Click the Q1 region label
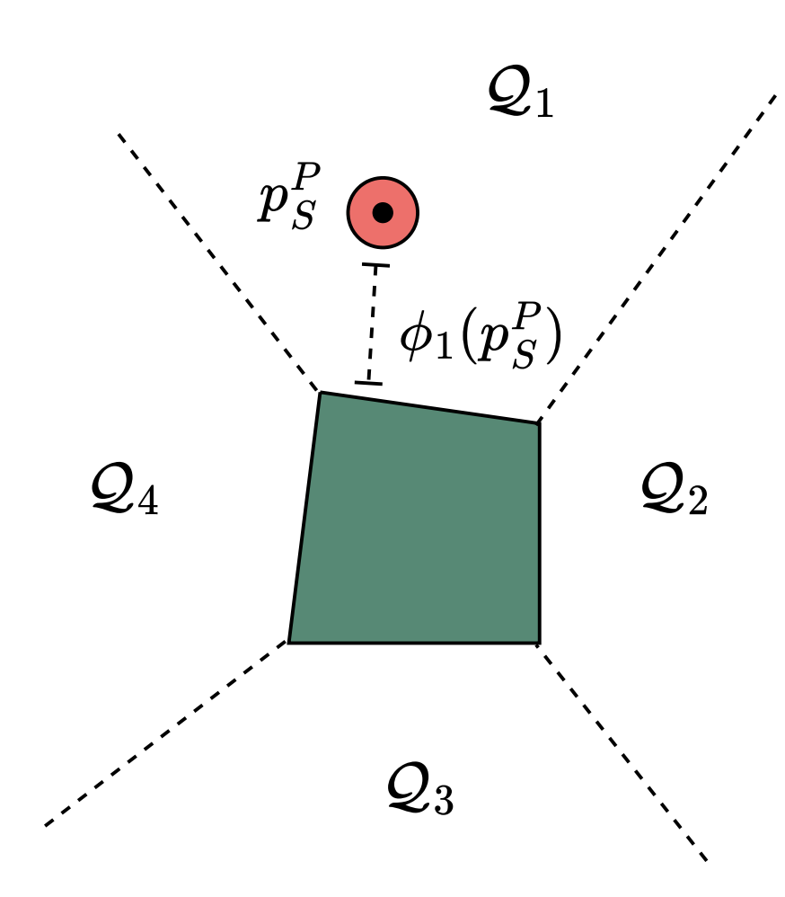520,94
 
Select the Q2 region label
675,492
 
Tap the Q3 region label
419,791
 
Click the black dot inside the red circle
384,213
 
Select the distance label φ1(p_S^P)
481,341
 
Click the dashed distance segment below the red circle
372,324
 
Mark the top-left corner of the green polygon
321,393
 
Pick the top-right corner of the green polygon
539,422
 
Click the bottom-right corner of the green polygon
539,643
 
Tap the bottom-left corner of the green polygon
288,643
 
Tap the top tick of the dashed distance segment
375,265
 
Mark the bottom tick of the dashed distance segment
368,384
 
